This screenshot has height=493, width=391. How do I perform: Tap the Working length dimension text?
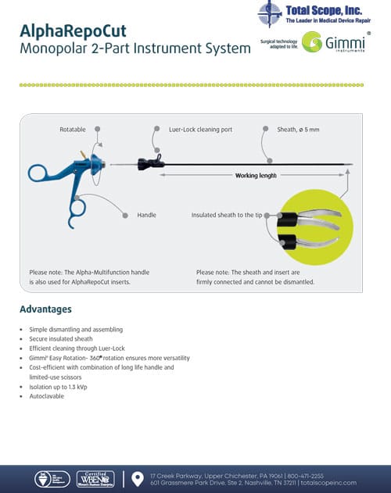point(256,176)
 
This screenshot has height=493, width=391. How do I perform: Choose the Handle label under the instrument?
point(147,213)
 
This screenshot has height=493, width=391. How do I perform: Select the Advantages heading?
point(45,309)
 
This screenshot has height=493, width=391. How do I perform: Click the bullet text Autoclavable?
point(47,397)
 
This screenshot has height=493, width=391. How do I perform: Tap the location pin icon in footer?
point(138,477)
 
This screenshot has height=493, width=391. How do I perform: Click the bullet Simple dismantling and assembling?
point(76,329)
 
